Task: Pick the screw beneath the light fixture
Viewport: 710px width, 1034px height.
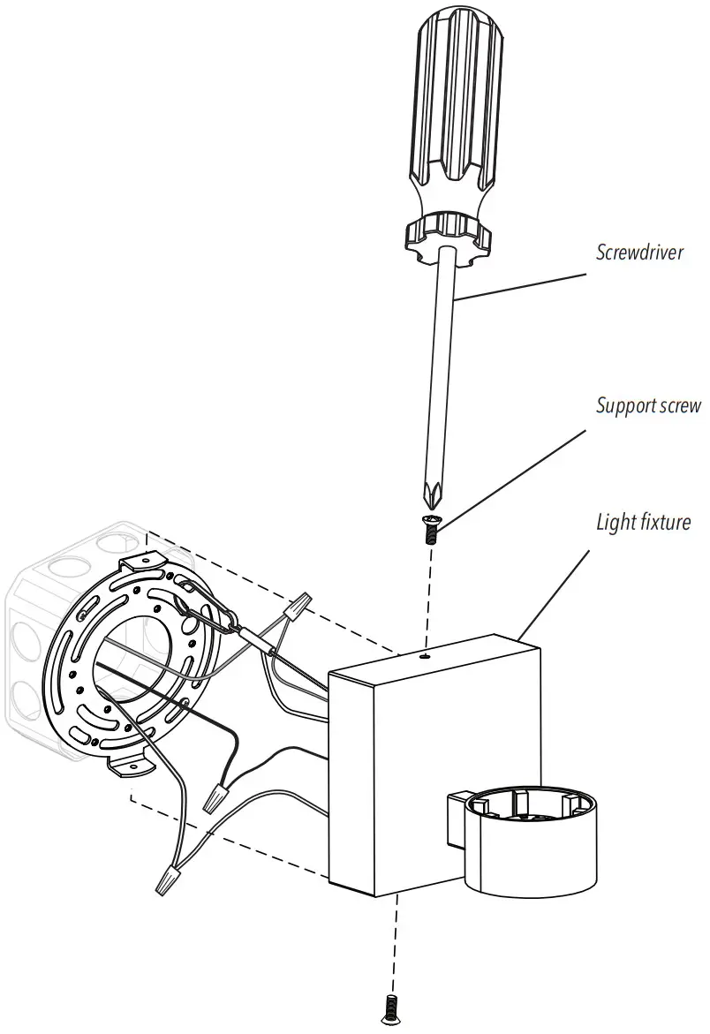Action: pos(389,1008)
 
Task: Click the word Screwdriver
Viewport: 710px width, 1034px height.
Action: pos(639,253)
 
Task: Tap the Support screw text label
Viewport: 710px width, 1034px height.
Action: pos(648,406)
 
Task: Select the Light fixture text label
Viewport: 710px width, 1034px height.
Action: pos(642,522)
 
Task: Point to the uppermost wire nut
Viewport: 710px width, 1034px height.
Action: pos(298,607)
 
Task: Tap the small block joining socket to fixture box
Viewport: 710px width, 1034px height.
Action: pos(457,817)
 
